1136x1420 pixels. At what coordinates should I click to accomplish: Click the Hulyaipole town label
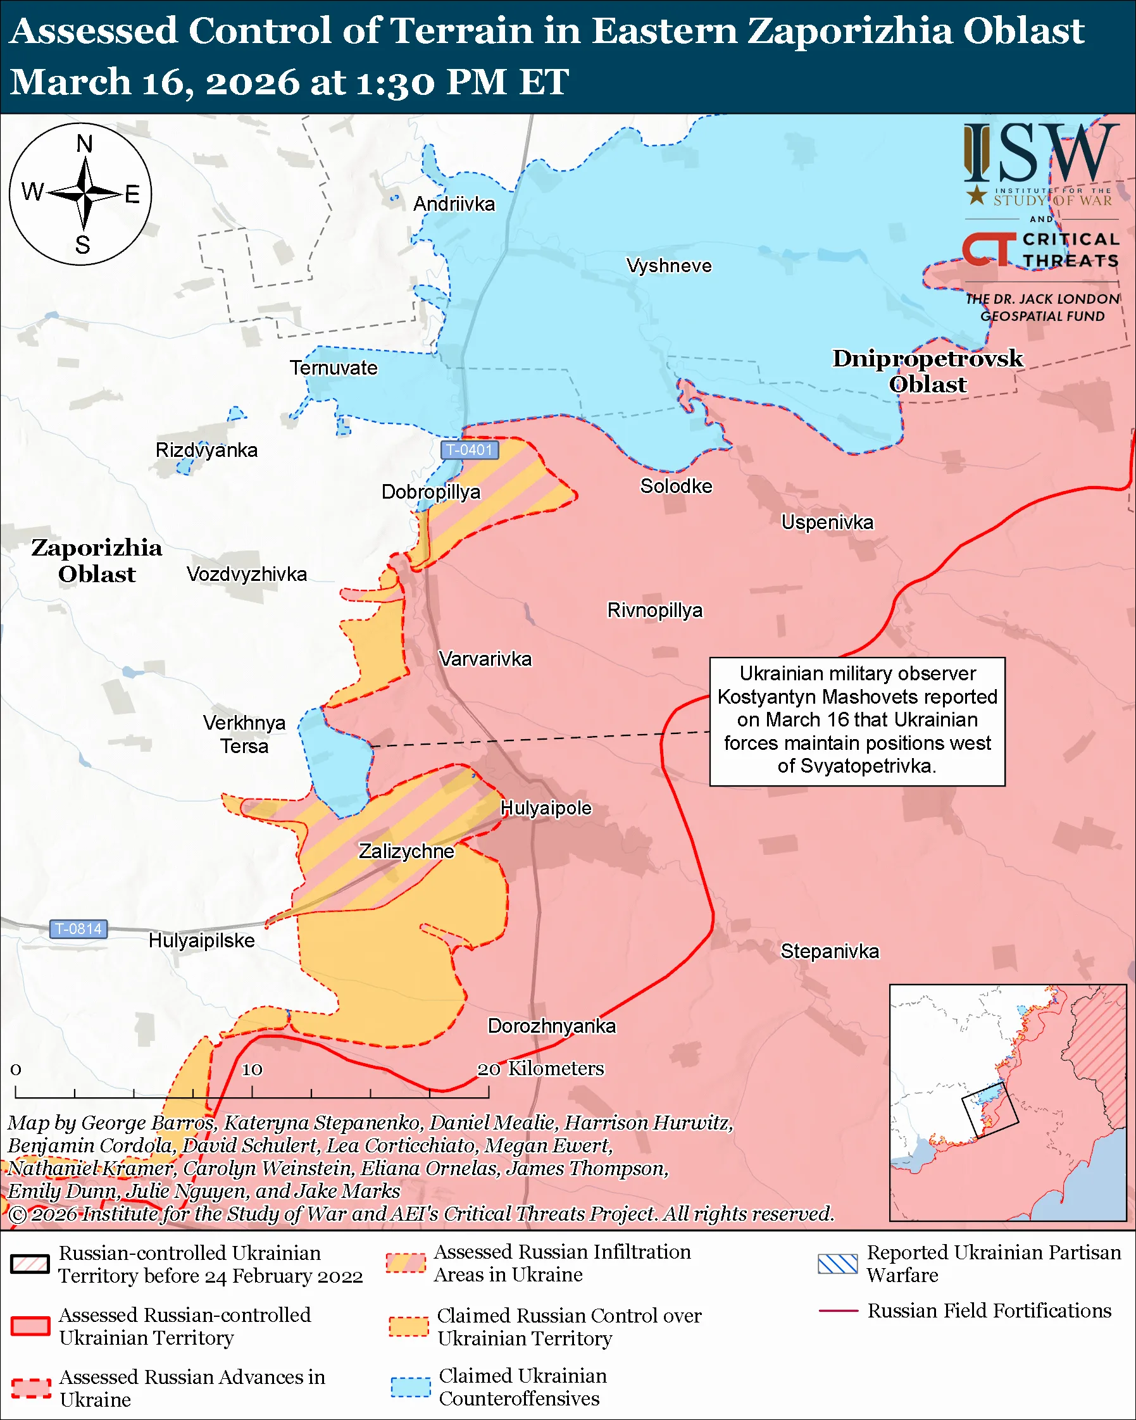[x=546, y=808]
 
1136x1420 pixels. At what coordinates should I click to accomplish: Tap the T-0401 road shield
[x=470, y=450]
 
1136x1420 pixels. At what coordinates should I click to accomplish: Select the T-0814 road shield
[x=78, y=929]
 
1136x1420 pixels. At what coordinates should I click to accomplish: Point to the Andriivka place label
[x=454, y=204]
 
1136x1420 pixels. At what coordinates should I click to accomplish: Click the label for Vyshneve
[x=668, y=266]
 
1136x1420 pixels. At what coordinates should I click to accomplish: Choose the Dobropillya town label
[x=431, y=492]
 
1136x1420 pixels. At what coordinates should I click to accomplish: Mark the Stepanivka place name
[x=829, y=951]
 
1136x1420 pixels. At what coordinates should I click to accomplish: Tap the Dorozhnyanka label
[x=551, y=1026]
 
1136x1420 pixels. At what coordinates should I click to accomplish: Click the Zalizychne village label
[x=406, y=851]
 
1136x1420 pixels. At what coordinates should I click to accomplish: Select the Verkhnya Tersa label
[x=244, y=735]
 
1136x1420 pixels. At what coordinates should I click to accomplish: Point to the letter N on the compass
[x=84, y=144]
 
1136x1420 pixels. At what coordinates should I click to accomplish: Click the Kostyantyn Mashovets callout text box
[x=856, y=721]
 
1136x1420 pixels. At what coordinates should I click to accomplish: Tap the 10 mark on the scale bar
[x=252, y=1070]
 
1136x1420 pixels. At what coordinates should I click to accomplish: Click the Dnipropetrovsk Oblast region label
[x=927, y=371]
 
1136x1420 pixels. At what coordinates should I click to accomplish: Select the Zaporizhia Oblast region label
[x=97, y=561]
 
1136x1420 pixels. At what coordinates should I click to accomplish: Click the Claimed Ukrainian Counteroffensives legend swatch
[x=410, y=1386]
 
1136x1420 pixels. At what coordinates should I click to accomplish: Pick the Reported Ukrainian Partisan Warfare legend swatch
[x=837, y=1264]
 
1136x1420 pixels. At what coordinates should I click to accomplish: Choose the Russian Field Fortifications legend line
[x=838, y=1311]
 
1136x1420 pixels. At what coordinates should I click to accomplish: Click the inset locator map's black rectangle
[x=989, y=1111]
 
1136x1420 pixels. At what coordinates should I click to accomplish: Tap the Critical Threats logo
[x=1040, y=249]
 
